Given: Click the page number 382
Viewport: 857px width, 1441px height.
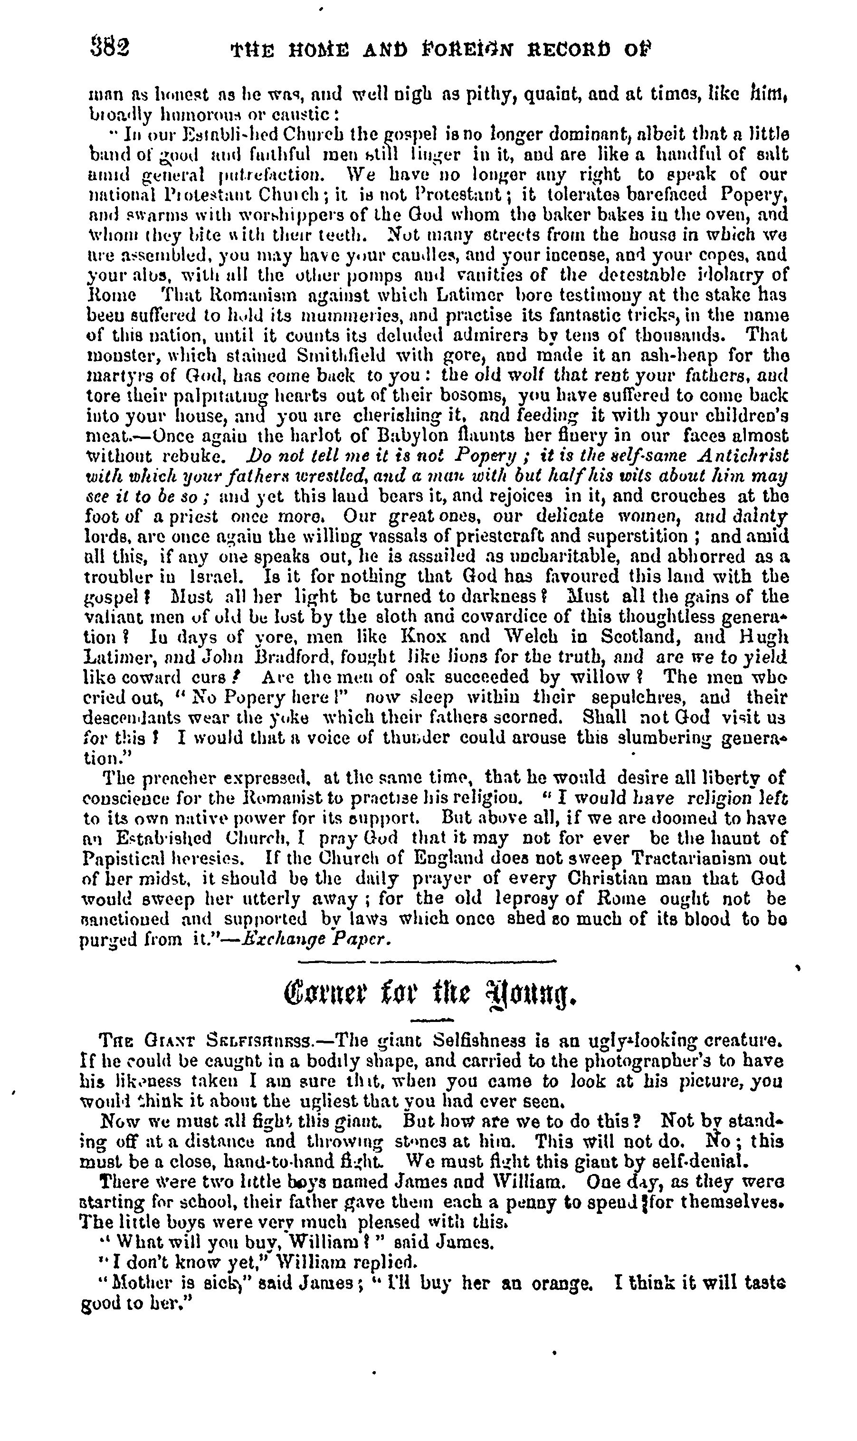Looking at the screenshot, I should click(x=110, y=48).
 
